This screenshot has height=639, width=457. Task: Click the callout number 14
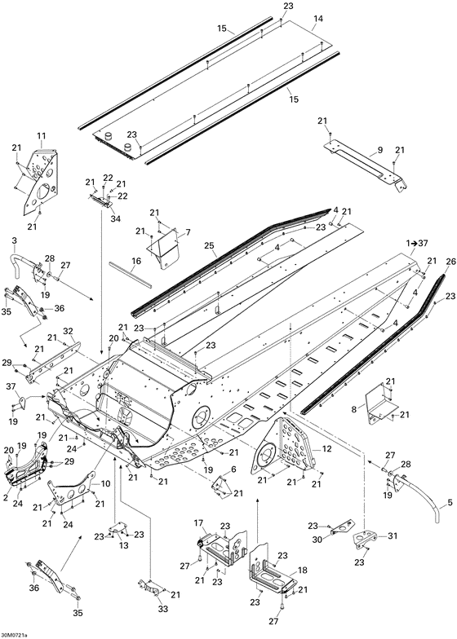(x=318, y=18)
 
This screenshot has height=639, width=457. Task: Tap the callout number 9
(x=380, y=150)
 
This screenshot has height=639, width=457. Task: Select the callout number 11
(x=42, y=135)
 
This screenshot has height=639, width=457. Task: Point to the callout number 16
(x=136, y=261)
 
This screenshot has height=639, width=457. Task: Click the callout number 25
(x=209, y=246)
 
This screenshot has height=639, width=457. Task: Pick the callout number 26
(x=450, y=262)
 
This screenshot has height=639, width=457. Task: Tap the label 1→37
(x=416, y=243)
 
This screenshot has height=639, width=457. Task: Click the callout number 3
(x=15, y=241)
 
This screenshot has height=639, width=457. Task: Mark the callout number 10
(x=105, y=484)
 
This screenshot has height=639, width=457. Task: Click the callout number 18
(x=302, y=571)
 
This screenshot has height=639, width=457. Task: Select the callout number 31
(x=392, y=536)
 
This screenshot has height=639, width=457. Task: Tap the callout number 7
(x=188, y=232)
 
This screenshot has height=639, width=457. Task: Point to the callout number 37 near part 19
(x=12, y=386)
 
